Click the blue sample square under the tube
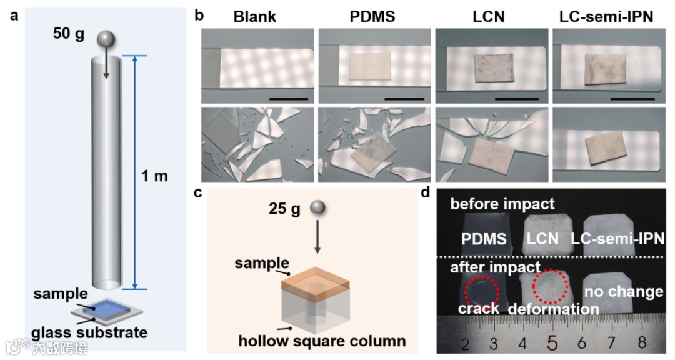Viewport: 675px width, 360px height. (107, 307)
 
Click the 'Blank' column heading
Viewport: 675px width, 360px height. (255, 17)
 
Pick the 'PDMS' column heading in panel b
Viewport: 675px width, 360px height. (372, 17)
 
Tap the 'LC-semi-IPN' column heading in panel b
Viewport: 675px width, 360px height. (606, 17)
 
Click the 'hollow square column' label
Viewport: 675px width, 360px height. (322, 341)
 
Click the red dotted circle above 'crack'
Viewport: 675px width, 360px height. (482, 289)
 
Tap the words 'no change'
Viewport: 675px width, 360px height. (622, 291)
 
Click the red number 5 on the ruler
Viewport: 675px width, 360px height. (552, 342)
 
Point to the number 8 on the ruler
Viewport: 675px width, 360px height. (642, 343)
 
